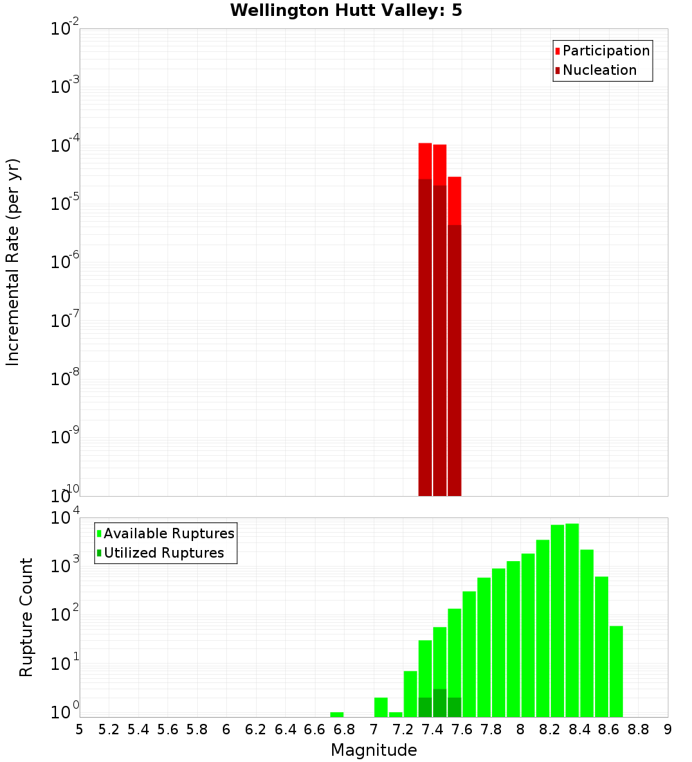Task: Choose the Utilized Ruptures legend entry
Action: tap(163, 553)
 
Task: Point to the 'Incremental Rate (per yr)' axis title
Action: tap(13, 263)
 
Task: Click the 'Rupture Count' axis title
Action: tap(26, 617)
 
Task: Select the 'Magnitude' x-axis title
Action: tap(374, 750)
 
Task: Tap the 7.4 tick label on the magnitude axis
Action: tap(432, 729)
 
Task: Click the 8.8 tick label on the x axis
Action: tap(638, 729)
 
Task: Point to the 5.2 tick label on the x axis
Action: tap(109, 729)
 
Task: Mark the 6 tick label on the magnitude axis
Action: tap(226, 729)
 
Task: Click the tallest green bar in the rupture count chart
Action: tap(572, 620)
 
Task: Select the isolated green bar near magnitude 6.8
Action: tap(337, 714)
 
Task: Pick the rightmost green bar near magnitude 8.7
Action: tap(616, 671)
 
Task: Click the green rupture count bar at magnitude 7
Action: tap(381, 707)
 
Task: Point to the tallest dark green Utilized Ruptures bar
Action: tap(439, 703)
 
